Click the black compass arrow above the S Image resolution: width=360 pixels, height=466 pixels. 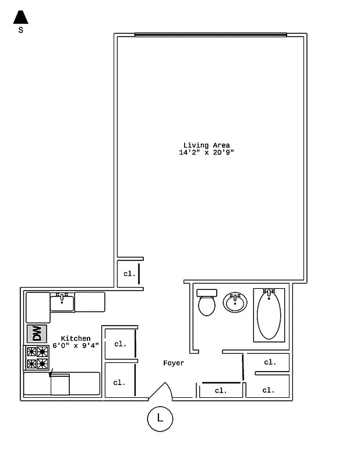21,17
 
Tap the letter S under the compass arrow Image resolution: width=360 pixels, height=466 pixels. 21,31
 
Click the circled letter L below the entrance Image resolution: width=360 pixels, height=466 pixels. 160,418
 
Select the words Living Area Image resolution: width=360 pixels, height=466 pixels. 207,145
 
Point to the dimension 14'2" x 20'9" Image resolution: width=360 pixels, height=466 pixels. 207,153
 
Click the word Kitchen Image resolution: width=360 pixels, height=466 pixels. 76,338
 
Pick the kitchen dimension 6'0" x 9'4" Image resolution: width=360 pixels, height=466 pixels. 76,345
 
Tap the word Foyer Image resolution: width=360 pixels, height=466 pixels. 174,363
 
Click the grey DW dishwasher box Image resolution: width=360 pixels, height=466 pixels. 37,334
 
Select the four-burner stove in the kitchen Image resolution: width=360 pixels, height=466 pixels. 37,358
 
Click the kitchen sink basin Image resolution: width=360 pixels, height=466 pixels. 62,302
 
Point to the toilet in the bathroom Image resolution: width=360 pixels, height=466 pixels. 207,302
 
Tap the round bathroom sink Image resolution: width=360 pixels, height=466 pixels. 235,302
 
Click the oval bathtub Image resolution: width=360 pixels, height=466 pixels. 269,315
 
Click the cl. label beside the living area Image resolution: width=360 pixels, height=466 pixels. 129,273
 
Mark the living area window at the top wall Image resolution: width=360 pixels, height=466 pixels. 210,34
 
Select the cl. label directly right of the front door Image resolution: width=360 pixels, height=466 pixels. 221,391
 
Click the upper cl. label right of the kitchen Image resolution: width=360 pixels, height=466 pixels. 120,344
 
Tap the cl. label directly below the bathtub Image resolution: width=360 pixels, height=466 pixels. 270,362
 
